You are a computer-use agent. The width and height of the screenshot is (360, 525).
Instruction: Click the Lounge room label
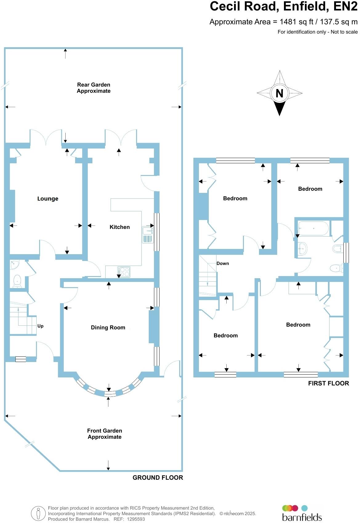(x=48, y=199)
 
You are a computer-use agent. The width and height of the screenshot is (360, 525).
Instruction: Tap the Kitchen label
(x=119, y=227)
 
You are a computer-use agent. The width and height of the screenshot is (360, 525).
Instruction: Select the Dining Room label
(x=108, y=328)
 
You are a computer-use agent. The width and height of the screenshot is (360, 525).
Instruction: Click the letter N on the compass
(x=279, y=93)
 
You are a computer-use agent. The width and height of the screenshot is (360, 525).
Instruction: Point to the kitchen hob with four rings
(x=124, y=272)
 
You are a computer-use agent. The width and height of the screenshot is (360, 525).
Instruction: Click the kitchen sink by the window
(x=148, y=234)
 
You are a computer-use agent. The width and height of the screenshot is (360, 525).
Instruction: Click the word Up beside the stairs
(x=40, y=326)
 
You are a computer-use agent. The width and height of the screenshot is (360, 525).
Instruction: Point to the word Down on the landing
(x=223, y=263)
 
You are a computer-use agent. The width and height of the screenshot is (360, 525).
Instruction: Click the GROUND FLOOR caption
(x=158, y=478)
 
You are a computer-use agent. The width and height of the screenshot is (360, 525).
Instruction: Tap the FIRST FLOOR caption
(x=329, y=383)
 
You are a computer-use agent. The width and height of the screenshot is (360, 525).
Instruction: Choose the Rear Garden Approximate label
(x=94, y=88)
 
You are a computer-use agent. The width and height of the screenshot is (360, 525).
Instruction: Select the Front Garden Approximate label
(x=104, y=434)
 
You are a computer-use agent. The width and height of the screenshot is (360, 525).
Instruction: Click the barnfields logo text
(x=302, y=517)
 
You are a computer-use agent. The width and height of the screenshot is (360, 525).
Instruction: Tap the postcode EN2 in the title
(x=346, y=6)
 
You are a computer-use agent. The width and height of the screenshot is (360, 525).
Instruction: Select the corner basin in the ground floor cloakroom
(x=14, y=264)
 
